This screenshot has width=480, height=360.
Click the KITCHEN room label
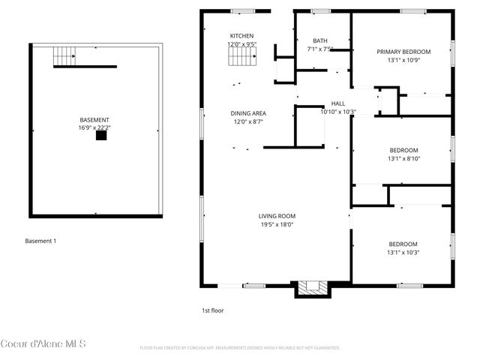tap(241, 36)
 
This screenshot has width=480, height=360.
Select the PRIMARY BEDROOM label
tap(403, 52)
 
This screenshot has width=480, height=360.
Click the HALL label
tap(338, 104)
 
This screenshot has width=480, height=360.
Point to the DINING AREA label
tap(248, 113)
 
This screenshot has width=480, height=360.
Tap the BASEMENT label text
tap(94, 120)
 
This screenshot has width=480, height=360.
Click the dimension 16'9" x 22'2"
tap(94, 128)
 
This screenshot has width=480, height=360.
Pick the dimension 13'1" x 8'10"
tap(403, 158)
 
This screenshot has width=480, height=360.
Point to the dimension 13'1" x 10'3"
tap(403, 252)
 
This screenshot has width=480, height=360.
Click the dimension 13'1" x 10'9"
tap(403, 60)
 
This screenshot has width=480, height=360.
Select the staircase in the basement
tap(64, 55)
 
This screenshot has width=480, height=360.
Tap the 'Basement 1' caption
tap(40, 241)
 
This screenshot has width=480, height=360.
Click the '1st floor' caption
tap(212, 310)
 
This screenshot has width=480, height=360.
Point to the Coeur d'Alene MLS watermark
tap(43, 344)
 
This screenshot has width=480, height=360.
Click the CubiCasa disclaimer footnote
tap(240, 348)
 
